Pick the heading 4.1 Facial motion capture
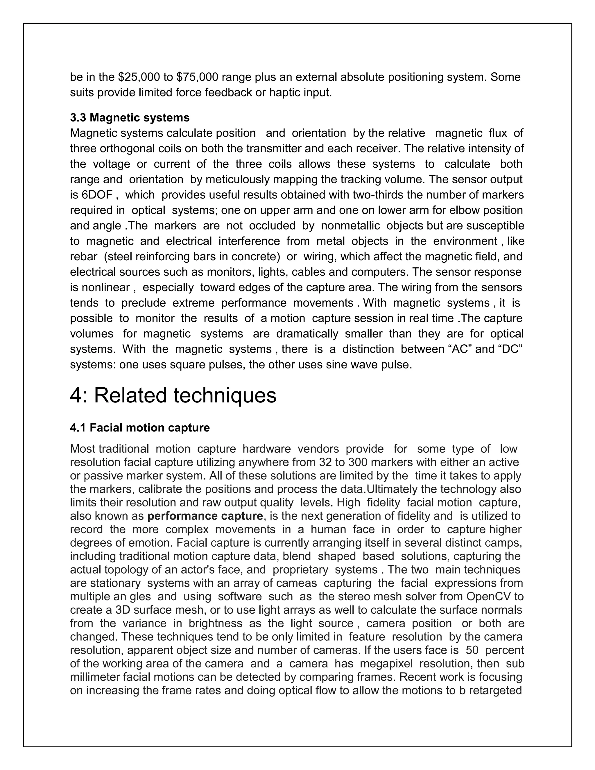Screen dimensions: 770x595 point(140,428)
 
